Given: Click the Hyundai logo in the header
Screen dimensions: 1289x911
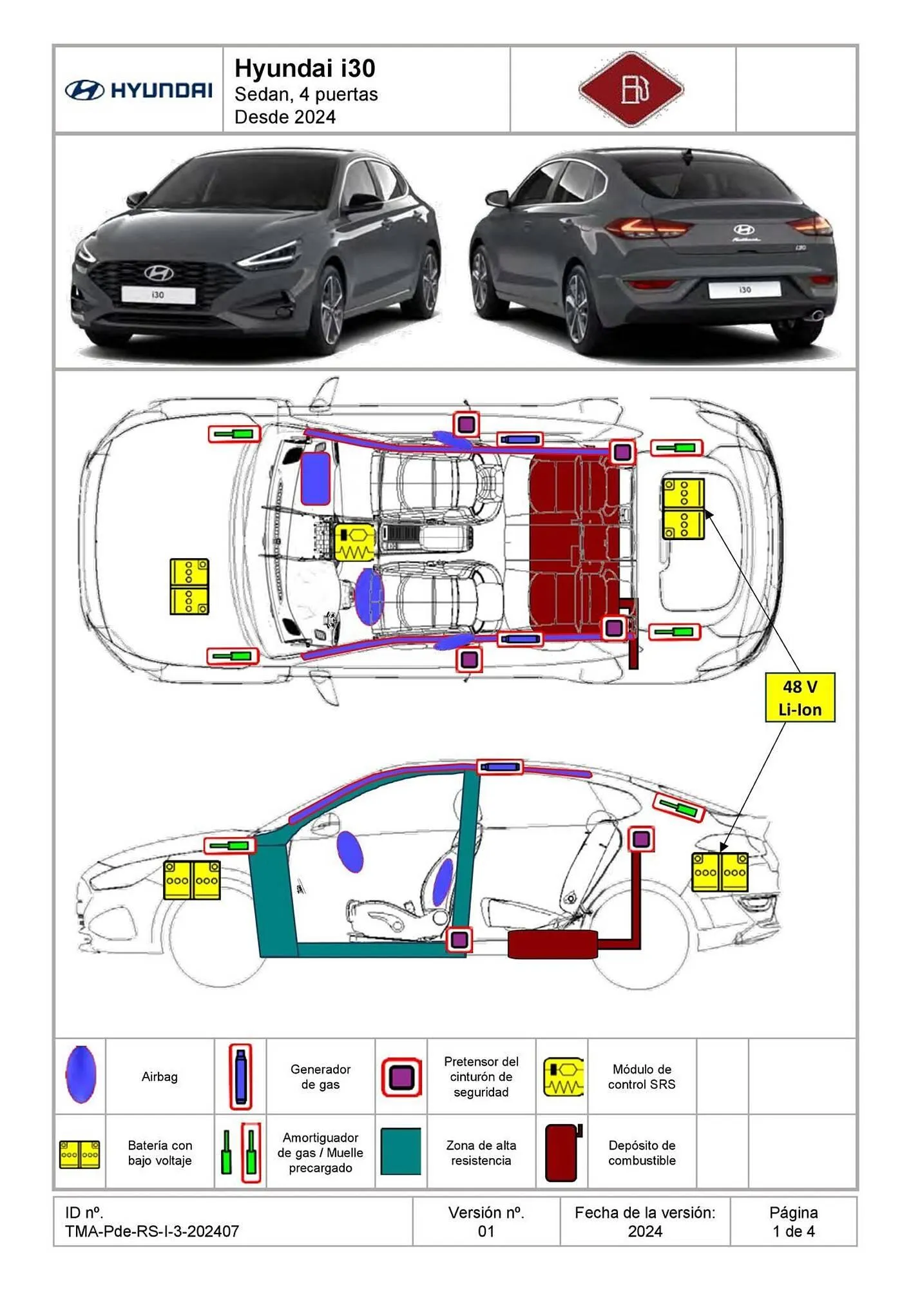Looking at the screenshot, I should pyautogui.click(x=139, y=90).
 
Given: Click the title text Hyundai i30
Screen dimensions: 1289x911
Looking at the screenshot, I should pyautogui.click(x=305, y=68).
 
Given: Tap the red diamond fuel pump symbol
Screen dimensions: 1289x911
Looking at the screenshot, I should pyautogui.click(x=631, y=89).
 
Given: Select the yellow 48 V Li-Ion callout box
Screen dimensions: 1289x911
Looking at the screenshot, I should pyautogui.click(x=800, y=698).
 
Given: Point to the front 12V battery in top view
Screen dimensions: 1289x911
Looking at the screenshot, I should pyautogui.click(x=189, y=586).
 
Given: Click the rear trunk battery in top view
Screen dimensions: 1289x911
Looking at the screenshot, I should pyautogui.click(x=684, y=509).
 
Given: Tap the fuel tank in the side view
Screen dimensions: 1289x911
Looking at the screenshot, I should pyautogui.click(x=553, y=944).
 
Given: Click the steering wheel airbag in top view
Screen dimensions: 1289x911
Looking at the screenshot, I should pyautogui.click(x=369, y=597).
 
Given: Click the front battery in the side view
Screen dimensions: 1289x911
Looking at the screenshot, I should pyautogui.click(x=192, y=880).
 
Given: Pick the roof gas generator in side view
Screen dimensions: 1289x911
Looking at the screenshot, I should pyautogui.click(x=500, y=767).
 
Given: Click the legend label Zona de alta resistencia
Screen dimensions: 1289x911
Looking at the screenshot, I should pyautogui.click(x=481, y=1152).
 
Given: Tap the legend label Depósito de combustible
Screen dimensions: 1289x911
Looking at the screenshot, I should pyautogui.click(x=642, y=1152).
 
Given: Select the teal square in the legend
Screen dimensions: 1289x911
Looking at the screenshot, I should pyautogui.click(x=401, y=1151).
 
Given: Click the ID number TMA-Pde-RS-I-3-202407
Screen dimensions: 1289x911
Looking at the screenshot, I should pyautogui.click(x=152, y=1231).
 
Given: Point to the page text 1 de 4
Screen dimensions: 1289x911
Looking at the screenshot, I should pyautogui.click(x=794, y=1231).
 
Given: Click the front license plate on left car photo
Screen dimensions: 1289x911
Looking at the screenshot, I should pyautogui.click(x=158, y=295).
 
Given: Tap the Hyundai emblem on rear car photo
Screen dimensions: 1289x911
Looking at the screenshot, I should pyautogui.click(x=743, y=229).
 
